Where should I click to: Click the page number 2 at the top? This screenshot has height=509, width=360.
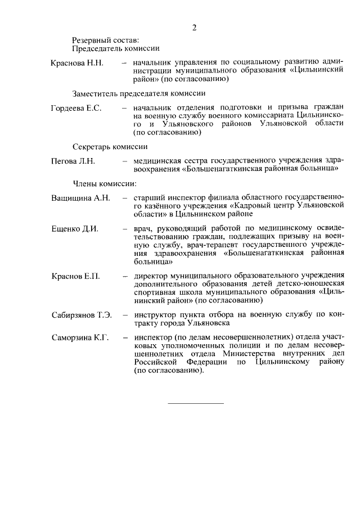point(194,28)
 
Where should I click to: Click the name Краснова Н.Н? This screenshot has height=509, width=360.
point(76,62)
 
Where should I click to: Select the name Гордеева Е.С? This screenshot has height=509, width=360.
point(76,108)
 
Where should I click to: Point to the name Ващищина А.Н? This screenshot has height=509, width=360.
point(80,198)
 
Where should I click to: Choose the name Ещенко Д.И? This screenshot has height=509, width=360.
point(75,229)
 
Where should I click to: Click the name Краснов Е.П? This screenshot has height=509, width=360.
point(75,277)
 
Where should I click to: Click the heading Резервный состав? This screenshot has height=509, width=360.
point(105,40)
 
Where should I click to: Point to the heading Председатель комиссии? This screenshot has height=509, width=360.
point(116,49)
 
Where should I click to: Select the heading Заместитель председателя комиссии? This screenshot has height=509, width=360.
point(138,93)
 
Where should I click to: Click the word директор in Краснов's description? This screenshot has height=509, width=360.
point(151,276)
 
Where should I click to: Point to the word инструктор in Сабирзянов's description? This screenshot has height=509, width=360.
point(155,315)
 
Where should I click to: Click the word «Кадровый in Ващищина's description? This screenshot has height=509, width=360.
point(251,206)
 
